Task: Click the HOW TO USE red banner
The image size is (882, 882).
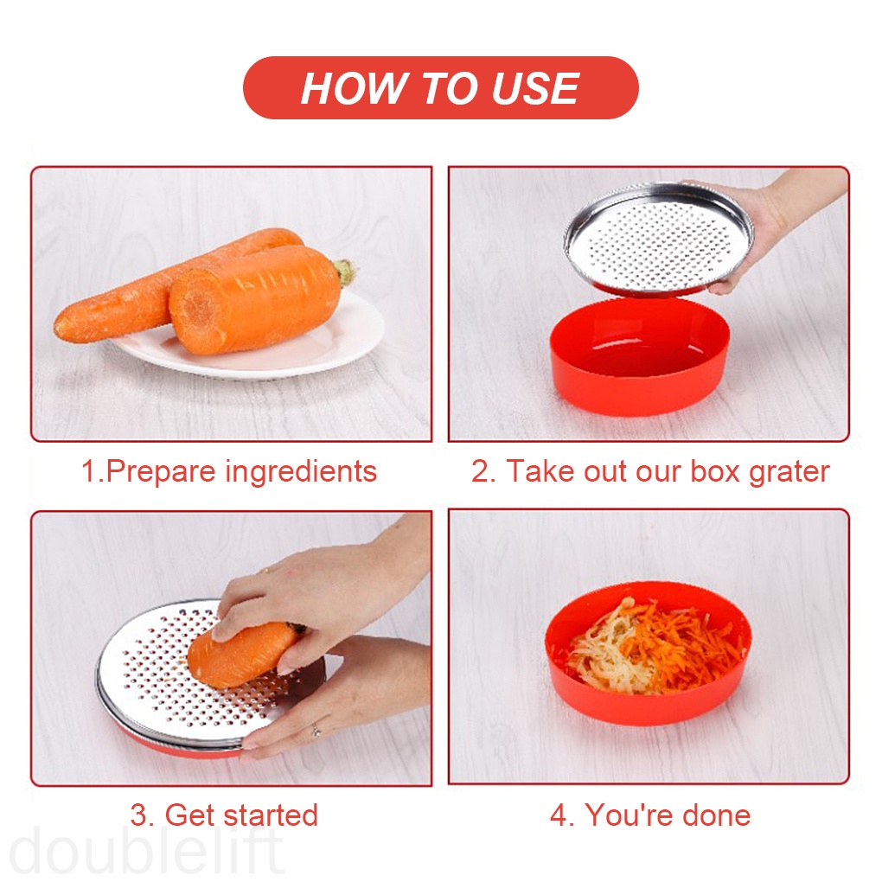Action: [x=440, y=88]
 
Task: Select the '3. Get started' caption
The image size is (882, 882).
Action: [x=224, y=815]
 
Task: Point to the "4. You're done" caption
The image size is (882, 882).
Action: [x=650, y=815]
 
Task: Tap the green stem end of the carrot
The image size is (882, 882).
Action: [x=346, y=273]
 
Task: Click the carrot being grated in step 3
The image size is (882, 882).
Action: [x=238, y=653]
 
